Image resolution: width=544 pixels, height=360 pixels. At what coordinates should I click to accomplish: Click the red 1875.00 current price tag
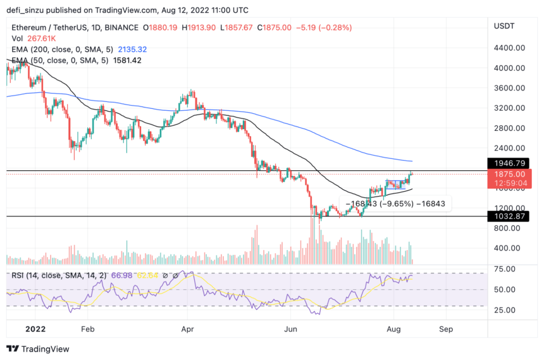click(x=509, y=175)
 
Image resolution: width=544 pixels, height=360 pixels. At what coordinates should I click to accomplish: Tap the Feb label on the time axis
click(x=88, y=330)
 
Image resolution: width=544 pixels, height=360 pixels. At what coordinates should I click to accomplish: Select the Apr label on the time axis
click(x=187, y=330)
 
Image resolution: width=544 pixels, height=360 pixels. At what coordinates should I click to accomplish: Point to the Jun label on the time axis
click(x=290, y=330)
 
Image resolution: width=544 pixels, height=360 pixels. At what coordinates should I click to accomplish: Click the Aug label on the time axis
click(x=393, y=330)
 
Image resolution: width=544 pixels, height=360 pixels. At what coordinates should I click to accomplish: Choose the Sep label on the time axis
click(x=446, y=330)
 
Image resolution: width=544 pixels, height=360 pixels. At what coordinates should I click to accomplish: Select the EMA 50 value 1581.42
click(x=125, y=61)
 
